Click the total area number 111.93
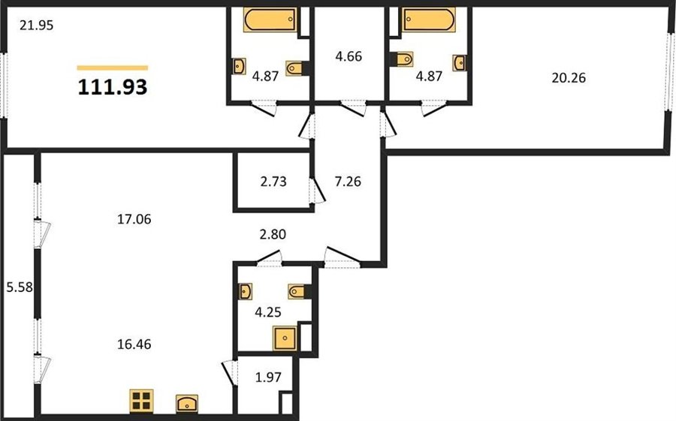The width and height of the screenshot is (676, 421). (x=113, y=87)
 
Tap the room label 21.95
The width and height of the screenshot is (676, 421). (x=37, y=26)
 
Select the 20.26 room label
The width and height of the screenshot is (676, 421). (x=569, y=78)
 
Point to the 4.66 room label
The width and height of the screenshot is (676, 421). (x=349, y=56)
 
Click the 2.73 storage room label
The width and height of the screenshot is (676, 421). (x=273, y=182)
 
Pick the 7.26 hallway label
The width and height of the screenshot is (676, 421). (x=348, y=182)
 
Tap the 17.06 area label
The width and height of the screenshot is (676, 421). (x=134, y=220)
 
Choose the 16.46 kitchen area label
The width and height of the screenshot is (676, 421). (x=134, y=344)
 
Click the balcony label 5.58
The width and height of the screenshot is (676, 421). (x=20, y=287)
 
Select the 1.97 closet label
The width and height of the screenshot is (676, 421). (x=268, y=377)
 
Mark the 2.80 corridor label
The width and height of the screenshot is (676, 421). (x=273, y=234)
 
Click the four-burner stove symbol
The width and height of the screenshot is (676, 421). (x=141, y=400)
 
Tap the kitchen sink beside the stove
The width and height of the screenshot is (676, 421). (x=187, y=403)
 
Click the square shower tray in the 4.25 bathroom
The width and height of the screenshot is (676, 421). (x=285, y=338)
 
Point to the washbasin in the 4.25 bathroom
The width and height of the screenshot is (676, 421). (x=245, y=291)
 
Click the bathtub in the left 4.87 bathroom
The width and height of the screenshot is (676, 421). (x=270, y=20)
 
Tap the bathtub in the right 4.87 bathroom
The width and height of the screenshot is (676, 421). (x=429, y=20)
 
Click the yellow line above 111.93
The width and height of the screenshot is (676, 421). (x=113, y=68)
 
